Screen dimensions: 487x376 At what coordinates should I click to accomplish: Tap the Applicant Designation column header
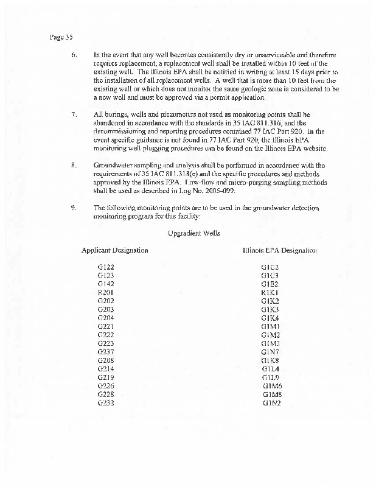(114, 250)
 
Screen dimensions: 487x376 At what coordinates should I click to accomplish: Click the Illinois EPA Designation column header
(279, 250)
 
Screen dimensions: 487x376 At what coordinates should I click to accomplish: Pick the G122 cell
(106, 267)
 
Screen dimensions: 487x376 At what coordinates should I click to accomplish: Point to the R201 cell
(106, 293)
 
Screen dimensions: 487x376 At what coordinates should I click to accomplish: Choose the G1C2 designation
(270, 267)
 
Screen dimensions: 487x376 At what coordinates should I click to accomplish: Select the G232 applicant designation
(106, 403)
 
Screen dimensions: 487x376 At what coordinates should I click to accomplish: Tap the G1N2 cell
(271, 403)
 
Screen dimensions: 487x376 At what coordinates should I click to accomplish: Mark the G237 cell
(106, 352)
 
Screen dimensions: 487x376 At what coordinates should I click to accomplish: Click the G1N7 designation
(270, 352)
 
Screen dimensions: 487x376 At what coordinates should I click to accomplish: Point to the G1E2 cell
(270, 284)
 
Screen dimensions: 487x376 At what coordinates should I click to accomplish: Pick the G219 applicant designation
(106, 377)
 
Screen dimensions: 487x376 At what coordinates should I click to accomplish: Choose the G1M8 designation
(272, 394)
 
